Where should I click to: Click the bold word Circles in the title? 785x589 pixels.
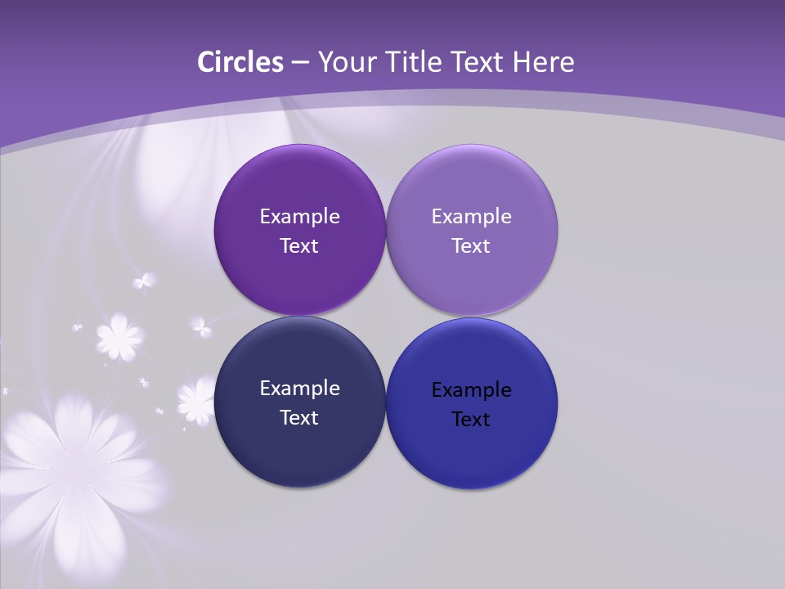240,62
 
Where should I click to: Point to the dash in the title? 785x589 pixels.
300,63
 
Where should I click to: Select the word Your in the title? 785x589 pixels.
345,62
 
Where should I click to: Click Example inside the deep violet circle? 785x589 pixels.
299,216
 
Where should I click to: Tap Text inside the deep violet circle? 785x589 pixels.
299,245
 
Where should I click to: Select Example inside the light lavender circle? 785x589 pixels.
471,216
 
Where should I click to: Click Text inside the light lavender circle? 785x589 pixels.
471,245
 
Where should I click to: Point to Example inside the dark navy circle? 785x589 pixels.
299,388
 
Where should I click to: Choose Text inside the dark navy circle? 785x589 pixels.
299,417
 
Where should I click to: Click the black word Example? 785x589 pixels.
471,389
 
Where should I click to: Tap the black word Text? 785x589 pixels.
471,419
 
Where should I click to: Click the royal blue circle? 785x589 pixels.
472,454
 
